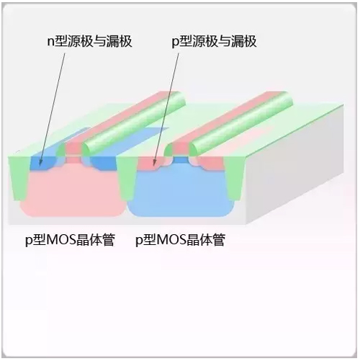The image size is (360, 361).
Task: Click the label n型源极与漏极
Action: coord(89,41)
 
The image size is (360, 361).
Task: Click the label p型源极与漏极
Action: coord(214,41)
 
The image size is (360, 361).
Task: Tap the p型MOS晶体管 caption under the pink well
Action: coord(70,240)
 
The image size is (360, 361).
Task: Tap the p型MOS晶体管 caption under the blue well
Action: coord(180,240)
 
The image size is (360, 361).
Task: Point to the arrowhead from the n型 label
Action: coord(40,163)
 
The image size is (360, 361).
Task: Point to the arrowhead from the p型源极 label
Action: coord(155,164)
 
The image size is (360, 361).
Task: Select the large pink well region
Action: coord(72,192)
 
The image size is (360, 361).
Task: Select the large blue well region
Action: coord(181,192)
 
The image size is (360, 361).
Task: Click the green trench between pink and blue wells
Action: coord(125,178)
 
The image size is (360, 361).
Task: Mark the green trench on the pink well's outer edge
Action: coord(19,178)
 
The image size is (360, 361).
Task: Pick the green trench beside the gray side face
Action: coord(234,178)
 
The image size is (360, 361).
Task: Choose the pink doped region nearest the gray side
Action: coord(211,164)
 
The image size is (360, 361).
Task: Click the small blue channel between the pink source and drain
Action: coord(181,160)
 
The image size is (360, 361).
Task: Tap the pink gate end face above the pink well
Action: coord(73,150)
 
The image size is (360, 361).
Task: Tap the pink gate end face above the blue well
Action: coord(181,150)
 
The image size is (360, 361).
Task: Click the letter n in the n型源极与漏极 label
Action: coord(50,43)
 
